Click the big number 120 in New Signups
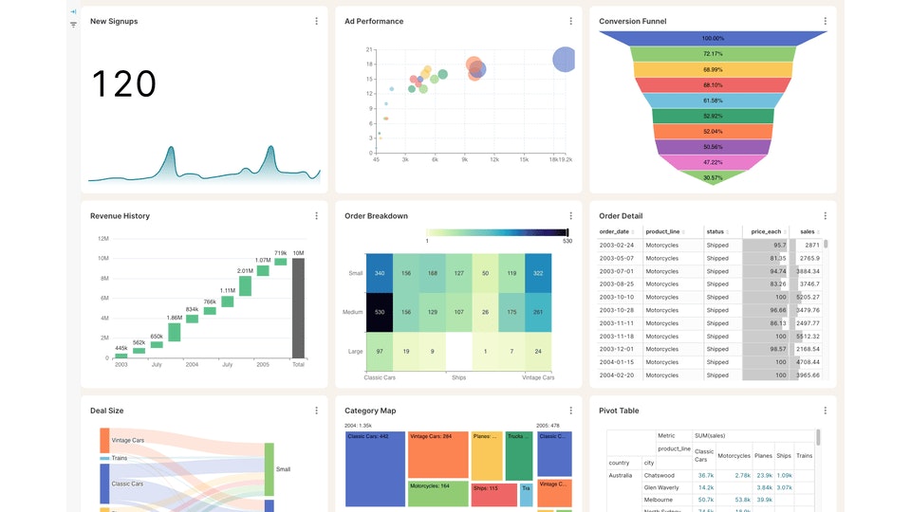(123, 84)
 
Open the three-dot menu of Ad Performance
(570, 21)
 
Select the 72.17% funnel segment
(713, 54)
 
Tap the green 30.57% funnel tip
(713, 177)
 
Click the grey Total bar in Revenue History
(298, 307)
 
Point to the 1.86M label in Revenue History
(175, 318)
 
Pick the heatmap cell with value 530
(379, 311)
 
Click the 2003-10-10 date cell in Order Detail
(617, 297)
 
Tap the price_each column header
(766, 231)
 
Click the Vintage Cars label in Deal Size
(128, 441)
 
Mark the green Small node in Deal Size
(269, 468)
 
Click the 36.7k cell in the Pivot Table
(705, 475)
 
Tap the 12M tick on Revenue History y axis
(102, 238)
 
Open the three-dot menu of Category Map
(570, 411)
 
